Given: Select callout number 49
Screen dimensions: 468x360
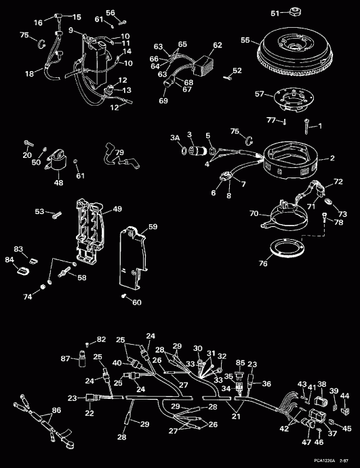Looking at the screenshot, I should click(116, 209).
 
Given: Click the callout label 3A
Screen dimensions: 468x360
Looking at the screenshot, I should click(175, 137).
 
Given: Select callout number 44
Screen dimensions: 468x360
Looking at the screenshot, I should click(345, 396).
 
